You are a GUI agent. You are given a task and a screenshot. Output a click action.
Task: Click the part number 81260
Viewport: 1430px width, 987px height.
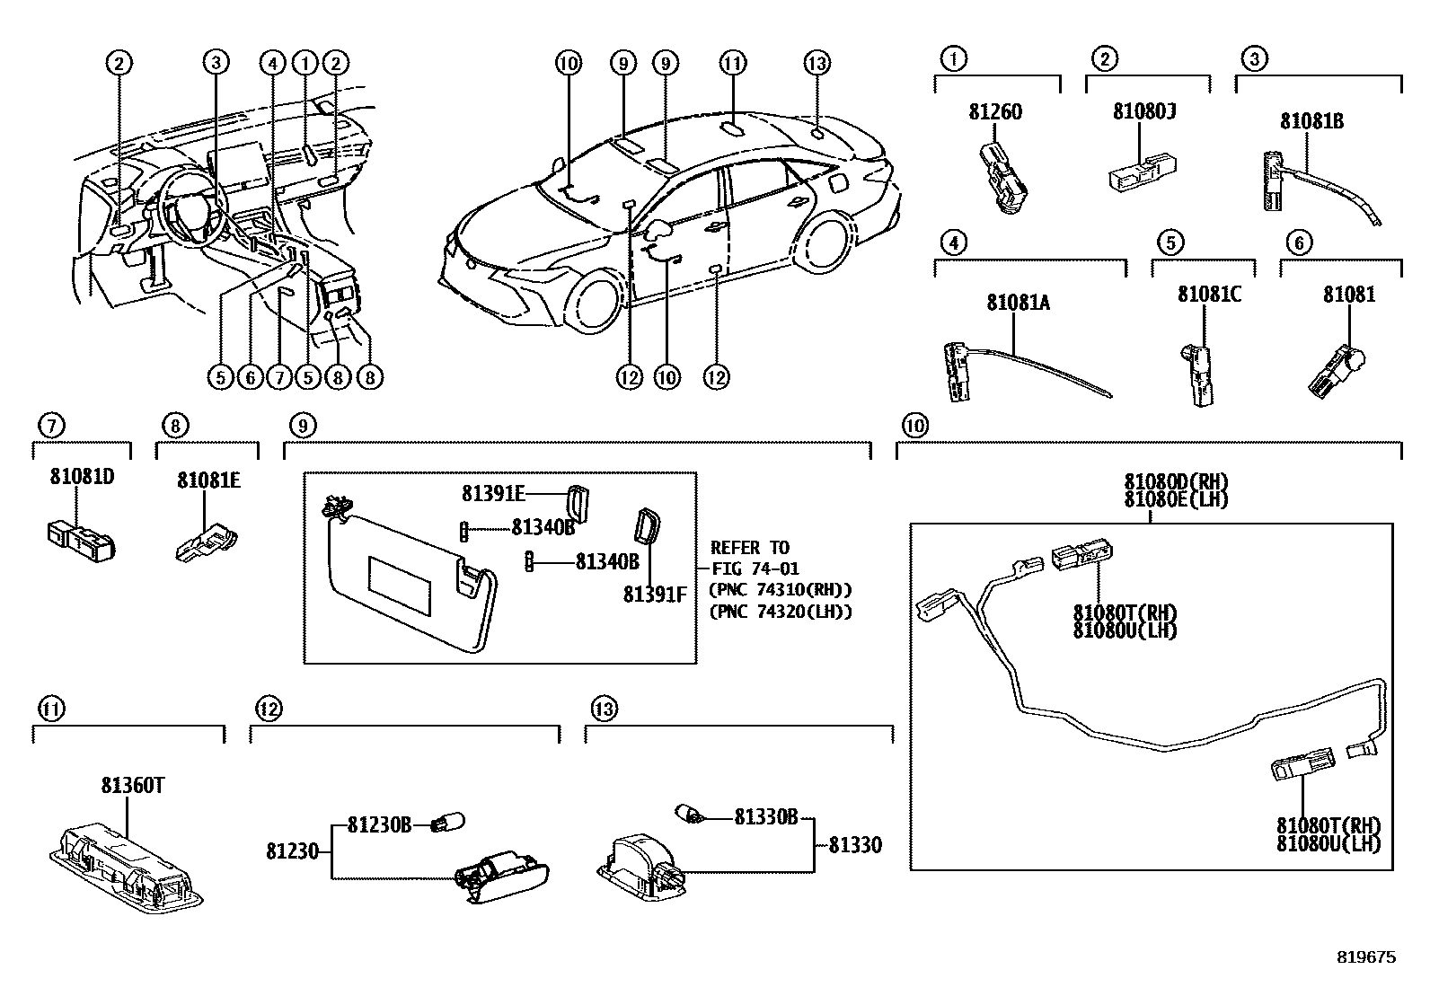(995, 112)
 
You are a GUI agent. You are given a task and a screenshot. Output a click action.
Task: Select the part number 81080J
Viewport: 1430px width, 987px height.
(1144, 111)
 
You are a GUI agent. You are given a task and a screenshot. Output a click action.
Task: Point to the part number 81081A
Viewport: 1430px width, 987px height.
(1018, 303)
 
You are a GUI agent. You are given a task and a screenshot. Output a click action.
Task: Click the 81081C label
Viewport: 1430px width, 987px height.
(1209, 294)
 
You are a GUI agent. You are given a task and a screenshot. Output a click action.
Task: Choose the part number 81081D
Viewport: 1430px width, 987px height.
(82, 477)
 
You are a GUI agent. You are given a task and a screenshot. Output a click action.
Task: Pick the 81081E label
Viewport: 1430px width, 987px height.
(208, 480)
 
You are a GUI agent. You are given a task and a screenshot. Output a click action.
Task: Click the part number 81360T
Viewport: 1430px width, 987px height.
(131, 786)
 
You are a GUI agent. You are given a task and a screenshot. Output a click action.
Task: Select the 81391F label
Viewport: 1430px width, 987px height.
(655, 594)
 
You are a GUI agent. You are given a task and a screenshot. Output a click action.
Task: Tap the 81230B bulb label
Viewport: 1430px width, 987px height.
(379, 824)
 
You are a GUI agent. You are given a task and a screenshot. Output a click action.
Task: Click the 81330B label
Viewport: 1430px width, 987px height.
(766, 817)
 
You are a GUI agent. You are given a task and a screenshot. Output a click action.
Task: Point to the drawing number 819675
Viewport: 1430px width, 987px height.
(1365, 957)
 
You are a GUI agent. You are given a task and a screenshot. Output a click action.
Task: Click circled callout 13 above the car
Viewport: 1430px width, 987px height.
(816, 63)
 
